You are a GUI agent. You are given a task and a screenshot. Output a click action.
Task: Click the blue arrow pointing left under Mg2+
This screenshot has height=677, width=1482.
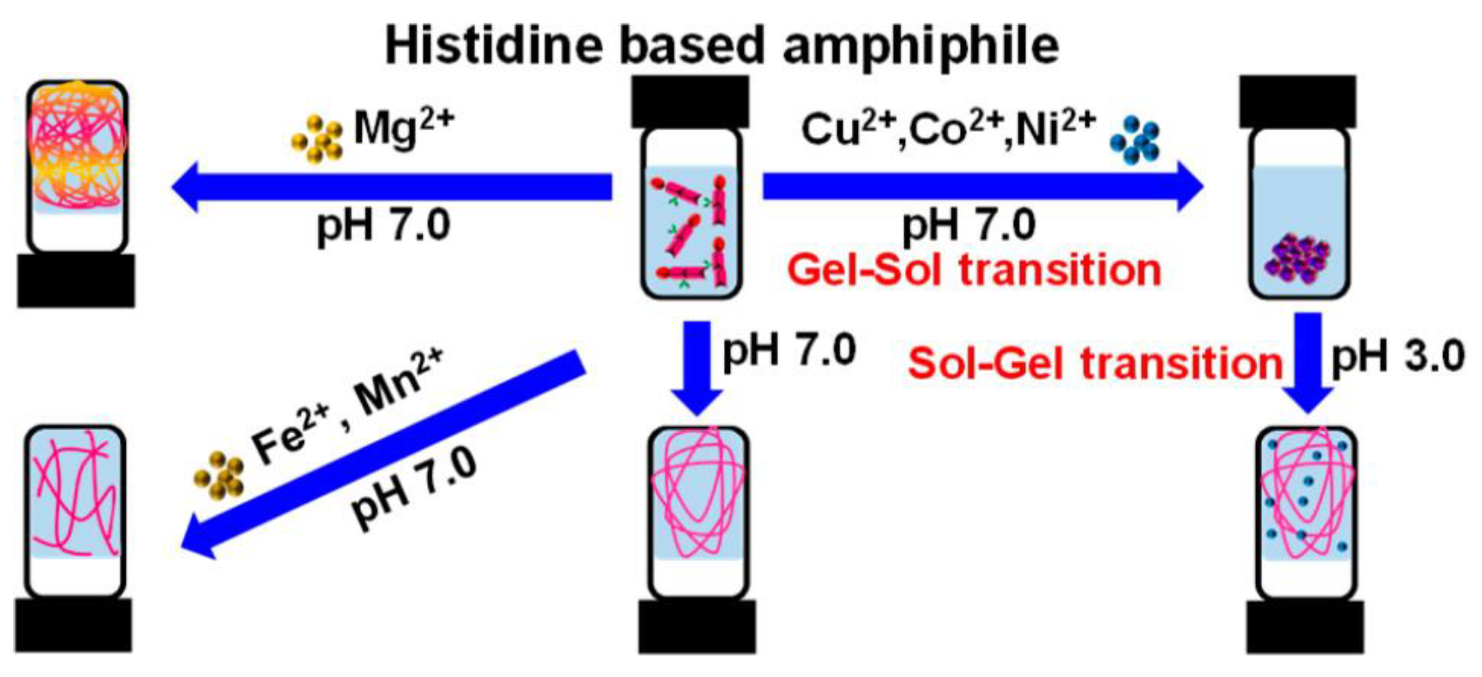pos(391,187)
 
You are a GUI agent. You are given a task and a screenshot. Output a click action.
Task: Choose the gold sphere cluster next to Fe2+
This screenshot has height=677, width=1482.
pos(219,475)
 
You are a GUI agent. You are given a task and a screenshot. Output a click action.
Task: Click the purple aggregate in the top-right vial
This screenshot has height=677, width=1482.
pos(1298,259)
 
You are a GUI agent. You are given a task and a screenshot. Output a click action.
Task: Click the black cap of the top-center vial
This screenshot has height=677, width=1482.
pos(691,102)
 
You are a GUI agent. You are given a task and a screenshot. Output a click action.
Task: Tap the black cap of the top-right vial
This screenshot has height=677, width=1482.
pos(1298,102)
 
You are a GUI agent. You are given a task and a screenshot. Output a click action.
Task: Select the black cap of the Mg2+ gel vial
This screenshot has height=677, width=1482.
pos(76,281)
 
